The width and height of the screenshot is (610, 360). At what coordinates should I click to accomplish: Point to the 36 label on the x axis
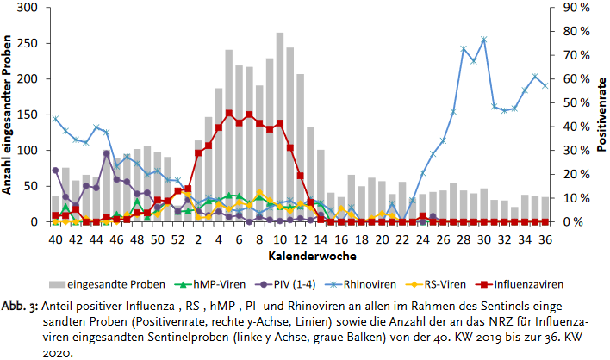545,238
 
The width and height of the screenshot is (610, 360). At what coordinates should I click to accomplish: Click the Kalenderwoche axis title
300,256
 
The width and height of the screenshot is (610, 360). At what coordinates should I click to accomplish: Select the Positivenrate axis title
600,115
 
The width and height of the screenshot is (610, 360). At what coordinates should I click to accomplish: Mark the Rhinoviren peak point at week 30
483,40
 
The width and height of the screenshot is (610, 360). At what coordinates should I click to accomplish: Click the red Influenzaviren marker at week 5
229,113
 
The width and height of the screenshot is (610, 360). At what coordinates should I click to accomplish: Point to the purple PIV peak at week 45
106,154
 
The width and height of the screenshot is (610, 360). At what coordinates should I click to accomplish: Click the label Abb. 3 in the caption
20,306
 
